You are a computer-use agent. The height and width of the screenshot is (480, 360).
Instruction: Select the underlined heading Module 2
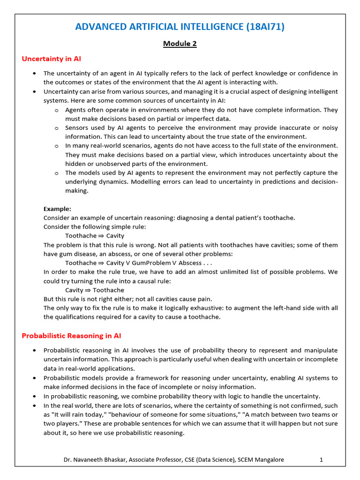point(180,44)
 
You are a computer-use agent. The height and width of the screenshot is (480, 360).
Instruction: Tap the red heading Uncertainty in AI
point(52,59)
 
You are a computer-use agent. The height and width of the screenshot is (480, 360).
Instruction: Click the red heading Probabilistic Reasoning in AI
point(72,336)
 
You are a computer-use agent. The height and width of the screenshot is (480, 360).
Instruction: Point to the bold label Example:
point(57,209)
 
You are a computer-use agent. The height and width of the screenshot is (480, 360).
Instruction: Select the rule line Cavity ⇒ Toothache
point(95,290)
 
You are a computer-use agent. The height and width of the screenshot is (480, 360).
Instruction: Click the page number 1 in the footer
point(322,460)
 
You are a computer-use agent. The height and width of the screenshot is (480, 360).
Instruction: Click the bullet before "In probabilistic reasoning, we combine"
point(36,396)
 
